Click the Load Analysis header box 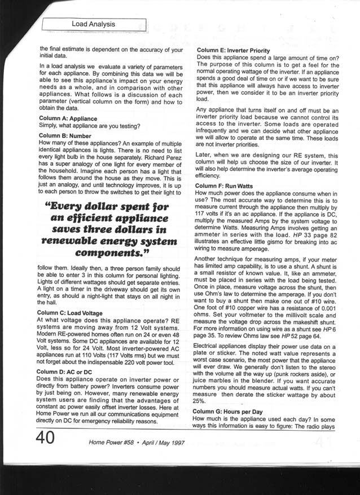[x=94, y=24]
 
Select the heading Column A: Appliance [x=68, y=118]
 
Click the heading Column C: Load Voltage [x=71, y=312]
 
